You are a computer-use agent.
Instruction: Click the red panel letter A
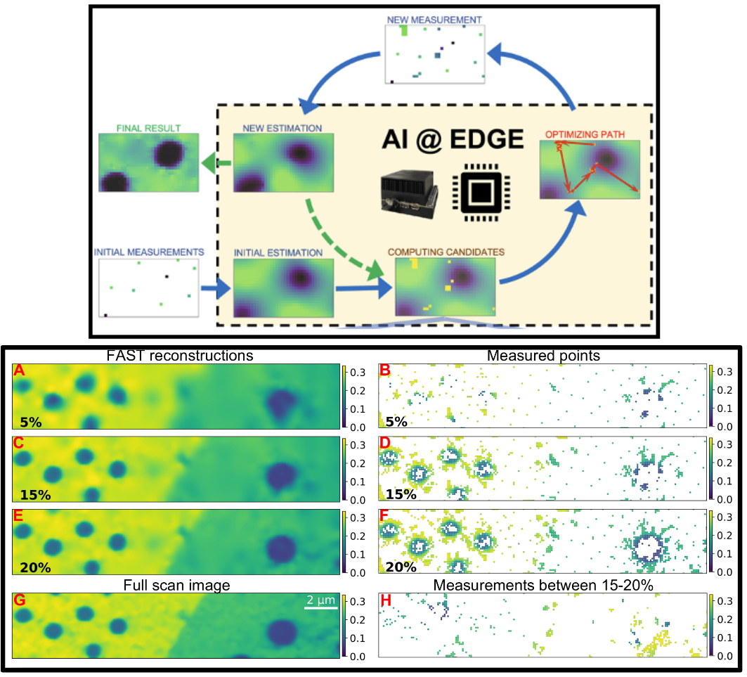tap(19, 369)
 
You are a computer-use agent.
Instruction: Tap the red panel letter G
tap(19, 600)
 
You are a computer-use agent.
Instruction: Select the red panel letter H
tap(384, 600)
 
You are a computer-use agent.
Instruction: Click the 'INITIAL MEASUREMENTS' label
tap(149, 251)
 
